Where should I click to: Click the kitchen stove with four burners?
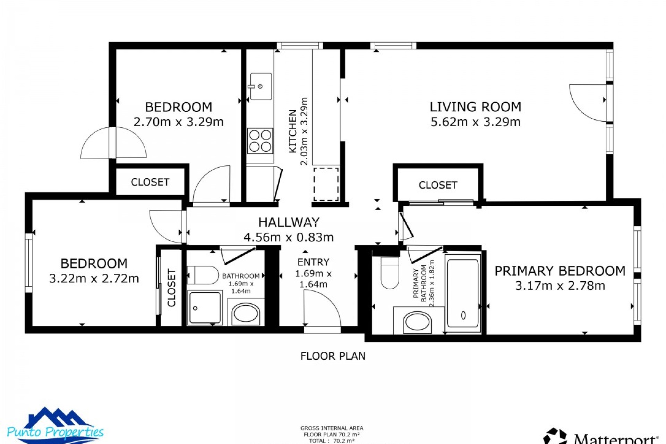pyautogui.click(x=260, y=141)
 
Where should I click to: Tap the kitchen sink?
pyautogui.click(x=261, y=86)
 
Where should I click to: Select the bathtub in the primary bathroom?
pyautogui.click(x=463, y=293)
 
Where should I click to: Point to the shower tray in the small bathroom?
pyautogui.click(x=205, y=307)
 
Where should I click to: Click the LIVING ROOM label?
pyautogui.click(x=475, y=107)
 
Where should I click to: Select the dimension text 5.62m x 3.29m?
pyautogui.click(x=475, y=122)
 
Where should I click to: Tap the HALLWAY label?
pyautogui.click(x=289, y=222)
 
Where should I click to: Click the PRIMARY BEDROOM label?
pyautogui.click(x=560, y=271)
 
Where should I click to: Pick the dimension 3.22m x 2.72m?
pyautogui.click(x=94, y=279)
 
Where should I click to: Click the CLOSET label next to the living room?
pyautogui.click(x=438, y=185)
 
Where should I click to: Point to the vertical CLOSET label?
pyautogui.click(x=172, y=288)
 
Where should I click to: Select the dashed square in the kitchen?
pyautogui.click(x=326, y=184)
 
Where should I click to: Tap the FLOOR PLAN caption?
pyautogui.click(x=333, y=356)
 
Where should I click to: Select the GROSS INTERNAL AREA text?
pyautogui.click(x=332, y=428)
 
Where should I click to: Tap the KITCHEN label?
pyautogui.click(x=293, y=131)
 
